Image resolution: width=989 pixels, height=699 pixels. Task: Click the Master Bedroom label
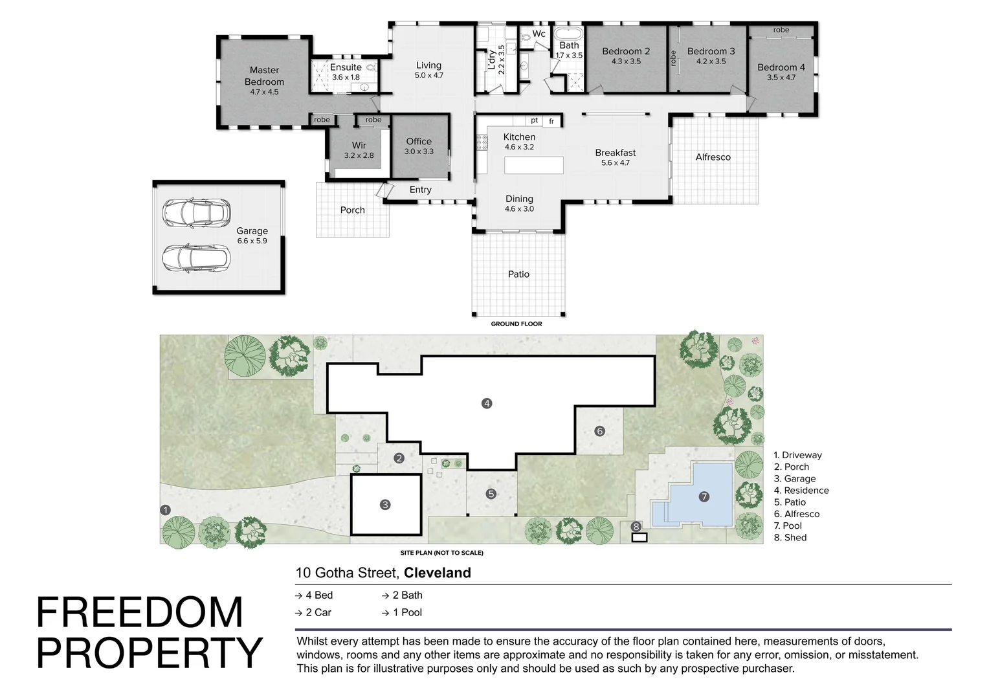coord(264,76)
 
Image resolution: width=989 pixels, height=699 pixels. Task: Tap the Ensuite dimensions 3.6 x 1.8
coord(346,77)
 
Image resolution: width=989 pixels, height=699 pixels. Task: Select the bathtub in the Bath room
coord(569,34)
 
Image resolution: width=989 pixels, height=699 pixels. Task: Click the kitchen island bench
coord(534,165)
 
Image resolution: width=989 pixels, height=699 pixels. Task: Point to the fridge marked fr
coord(551,121)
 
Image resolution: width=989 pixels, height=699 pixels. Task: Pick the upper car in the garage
coord(196,214)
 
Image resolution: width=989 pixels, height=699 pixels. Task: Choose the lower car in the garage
coord(196,258)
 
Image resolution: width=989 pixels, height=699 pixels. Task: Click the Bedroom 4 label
coord(781,67)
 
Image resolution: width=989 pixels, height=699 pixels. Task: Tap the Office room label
coord(419,141)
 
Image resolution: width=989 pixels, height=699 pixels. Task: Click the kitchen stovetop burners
coord(482,142)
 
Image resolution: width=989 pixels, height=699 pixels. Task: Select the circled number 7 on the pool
coord(704,497)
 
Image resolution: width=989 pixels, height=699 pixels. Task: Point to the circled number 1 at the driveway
coord(165,510)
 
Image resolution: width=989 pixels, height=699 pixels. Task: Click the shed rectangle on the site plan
coord(639,537)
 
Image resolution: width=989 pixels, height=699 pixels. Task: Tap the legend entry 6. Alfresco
coord(797,514)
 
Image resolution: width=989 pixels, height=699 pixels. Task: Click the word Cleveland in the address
coord(437,573)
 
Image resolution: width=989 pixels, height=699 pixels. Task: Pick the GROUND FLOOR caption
coord(516,324)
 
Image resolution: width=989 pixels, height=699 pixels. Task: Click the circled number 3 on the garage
coord(385,505)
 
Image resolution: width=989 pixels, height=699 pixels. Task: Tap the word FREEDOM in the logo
coord(140,612)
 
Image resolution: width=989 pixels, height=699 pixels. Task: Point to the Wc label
coord(539,34)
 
